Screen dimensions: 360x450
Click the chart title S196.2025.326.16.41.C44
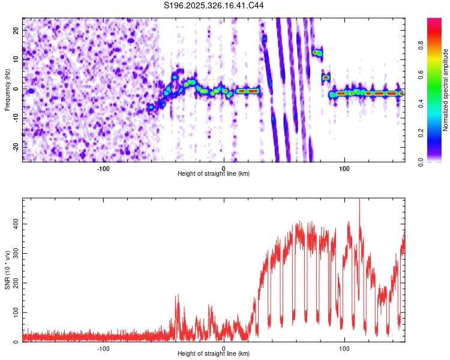click(x=214, y=5)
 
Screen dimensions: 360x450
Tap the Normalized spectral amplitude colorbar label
click(x=446, y=90)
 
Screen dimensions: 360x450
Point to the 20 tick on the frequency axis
click(x=16, y=30)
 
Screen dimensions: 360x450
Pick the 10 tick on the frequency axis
click(x=16, y=59)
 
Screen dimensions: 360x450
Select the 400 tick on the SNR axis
click(x=14, y=224)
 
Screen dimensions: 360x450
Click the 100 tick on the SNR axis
click(x=14, y=313)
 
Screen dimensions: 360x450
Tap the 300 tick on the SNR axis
click(x=14, y=253)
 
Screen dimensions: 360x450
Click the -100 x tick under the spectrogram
click(x=103, y=168)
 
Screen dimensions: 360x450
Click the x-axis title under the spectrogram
click(x=214, y=174)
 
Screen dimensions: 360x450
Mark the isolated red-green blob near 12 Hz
click(x=317, y=53)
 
